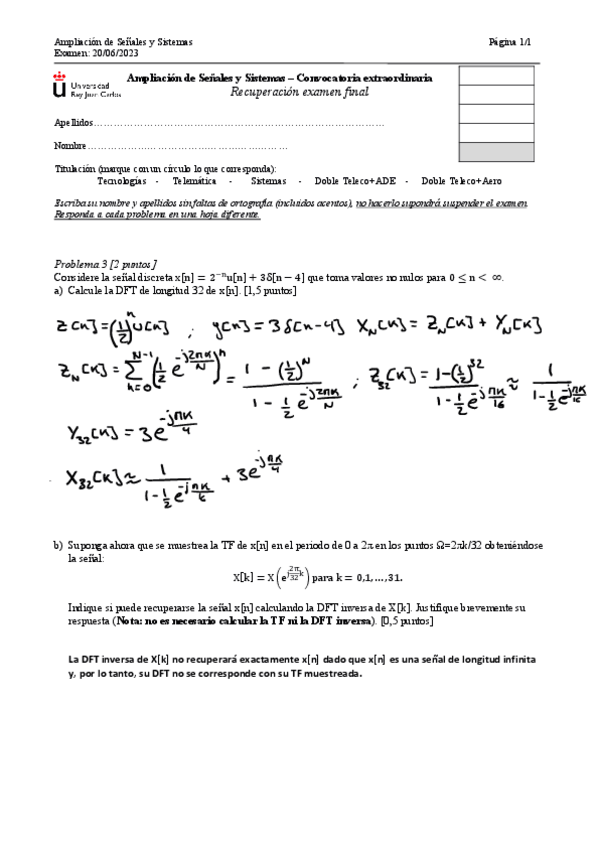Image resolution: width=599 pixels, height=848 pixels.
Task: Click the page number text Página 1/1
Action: click(511, 42)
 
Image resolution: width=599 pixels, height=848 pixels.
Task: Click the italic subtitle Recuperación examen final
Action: click(299, 92)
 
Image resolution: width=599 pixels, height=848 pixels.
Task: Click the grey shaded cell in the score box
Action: click(495, 151)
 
